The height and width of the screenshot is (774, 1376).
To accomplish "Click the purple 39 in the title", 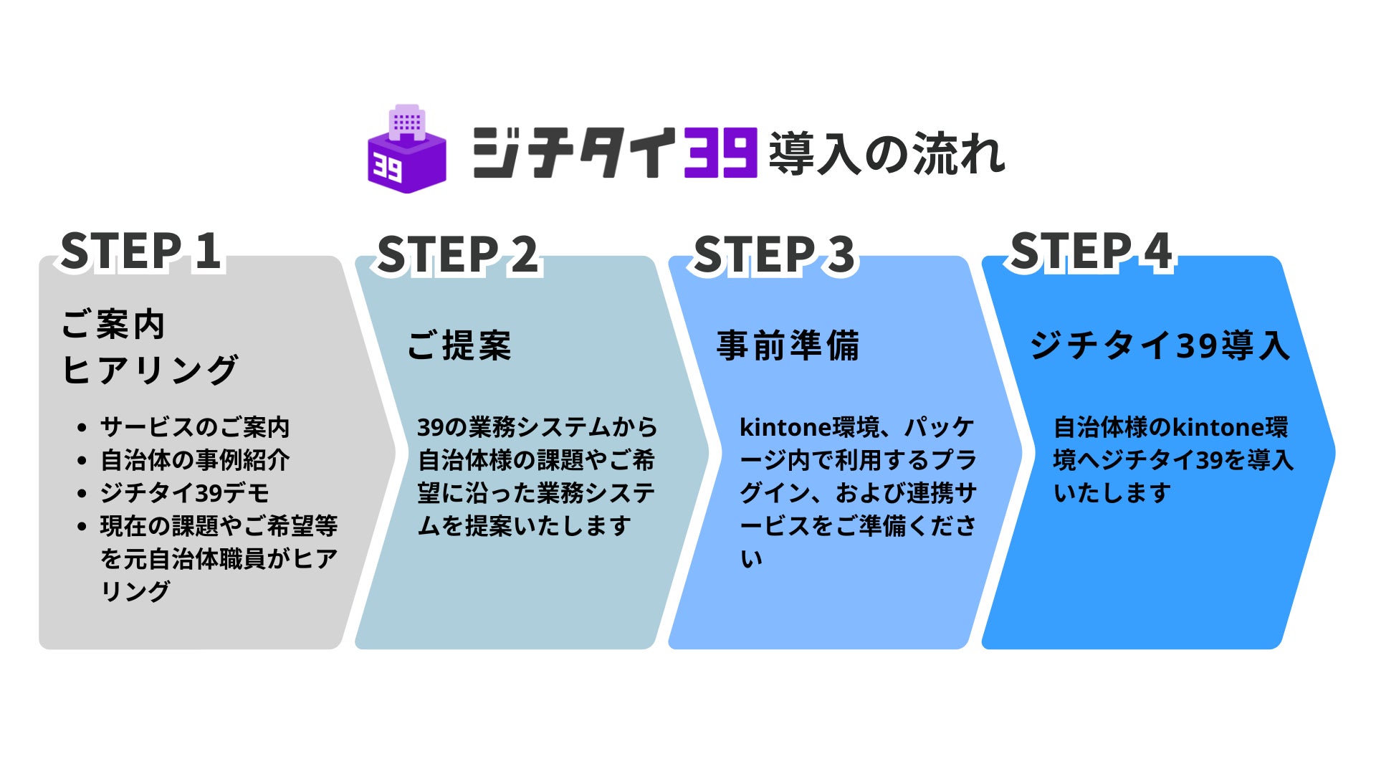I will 720,152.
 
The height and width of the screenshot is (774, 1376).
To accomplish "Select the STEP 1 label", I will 140,252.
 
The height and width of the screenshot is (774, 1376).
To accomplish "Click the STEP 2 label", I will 457,255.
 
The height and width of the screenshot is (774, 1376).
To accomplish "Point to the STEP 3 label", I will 774,255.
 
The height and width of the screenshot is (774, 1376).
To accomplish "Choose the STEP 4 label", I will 1091,252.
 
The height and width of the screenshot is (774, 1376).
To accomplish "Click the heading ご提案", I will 459,345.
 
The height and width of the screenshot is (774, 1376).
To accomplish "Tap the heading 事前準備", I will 788,345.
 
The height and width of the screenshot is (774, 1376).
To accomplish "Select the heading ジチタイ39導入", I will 1160,345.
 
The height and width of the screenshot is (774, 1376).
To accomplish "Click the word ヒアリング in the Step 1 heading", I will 150,370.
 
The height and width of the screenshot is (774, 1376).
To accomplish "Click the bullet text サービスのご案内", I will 195,427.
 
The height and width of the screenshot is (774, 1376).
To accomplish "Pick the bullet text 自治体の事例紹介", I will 195,460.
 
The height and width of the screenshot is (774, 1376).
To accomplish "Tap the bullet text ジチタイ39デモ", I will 185,493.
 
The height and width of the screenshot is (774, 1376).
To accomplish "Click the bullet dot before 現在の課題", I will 82,527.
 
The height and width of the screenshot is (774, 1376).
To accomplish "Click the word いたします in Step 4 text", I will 1112,493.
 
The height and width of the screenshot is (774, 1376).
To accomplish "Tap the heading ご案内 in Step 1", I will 113,325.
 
